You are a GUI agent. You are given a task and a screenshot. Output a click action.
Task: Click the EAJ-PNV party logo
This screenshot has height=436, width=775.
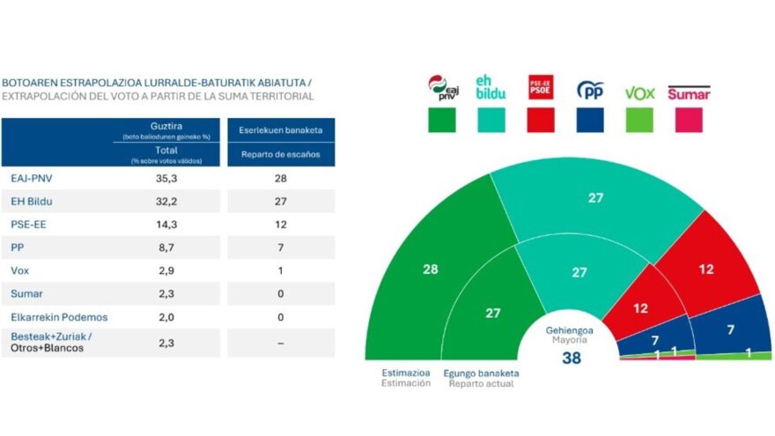pyautogui.click(x=441, y=89)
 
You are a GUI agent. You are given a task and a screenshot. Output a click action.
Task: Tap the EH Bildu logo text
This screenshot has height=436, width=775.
pyautogui.click(x=490, y=88)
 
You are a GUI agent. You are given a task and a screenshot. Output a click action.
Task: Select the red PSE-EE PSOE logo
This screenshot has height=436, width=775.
pyautogui.click(x=540, y=88)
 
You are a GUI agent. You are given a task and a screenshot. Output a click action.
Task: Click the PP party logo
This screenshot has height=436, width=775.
pyautogui.click(x=589, y=90)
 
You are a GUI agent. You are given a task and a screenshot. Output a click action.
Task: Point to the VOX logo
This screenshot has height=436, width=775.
pyautogui.click(x=639, y=92)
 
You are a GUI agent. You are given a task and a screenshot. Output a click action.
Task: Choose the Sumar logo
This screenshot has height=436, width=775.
pyautogui.click(x=689, y=92)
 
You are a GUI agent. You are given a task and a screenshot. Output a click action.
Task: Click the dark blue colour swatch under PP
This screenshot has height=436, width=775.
pyautogui.click(x=589, y=119)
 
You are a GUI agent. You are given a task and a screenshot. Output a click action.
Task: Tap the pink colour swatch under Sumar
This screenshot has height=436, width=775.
pyautogui.click(x=689, y=119)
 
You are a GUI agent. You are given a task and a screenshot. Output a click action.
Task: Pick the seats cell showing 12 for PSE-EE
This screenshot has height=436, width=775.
pyautogui.click(x=280, y=224)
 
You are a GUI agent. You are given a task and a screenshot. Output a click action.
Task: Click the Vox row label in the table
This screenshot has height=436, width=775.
pyautogui.click(x=20, y=270)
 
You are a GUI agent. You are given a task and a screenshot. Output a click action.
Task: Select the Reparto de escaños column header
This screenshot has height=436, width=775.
pyautogui.click(x=280, y=154)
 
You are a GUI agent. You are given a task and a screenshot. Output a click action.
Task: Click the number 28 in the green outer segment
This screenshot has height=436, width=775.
pyautogui.click(x=430, y=270)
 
